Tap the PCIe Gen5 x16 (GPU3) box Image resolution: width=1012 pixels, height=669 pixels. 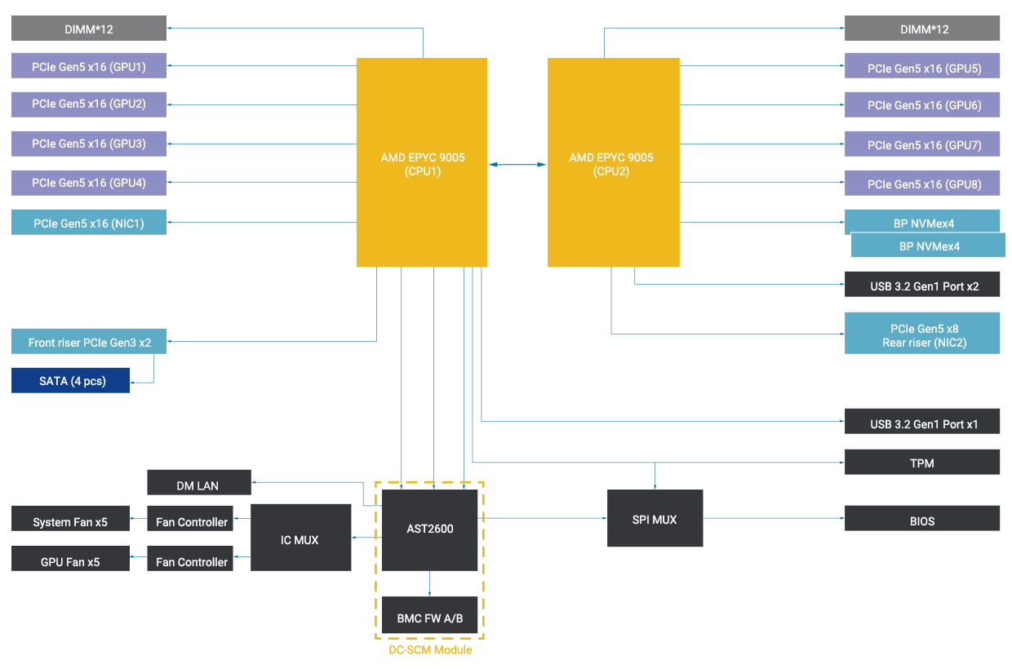88,144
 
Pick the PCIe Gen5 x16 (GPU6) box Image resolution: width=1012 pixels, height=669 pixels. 923,105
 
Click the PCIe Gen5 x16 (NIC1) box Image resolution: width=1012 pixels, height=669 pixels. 88,223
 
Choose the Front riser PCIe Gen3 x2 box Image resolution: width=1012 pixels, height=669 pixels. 88,343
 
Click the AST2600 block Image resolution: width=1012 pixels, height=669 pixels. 429,529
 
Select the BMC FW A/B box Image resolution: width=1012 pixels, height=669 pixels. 429,618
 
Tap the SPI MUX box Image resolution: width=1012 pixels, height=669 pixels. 655,519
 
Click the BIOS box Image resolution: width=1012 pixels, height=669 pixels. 923,520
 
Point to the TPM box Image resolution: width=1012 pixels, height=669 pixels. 923,463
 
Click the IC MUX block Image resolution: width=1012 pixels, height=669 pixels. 300,539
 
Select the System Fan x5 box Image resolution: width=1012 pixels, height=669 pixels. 69,522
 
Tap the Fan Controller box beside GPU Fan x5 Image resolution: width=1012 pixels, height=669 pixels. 191,561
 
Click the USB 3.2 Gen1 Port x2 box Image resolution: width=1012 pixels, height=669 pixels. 923,286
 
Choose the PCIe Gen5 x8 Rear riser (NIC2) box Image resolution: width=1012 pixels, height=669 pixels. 923,335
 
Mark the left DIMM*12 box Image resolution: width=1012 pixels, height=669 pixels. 88,29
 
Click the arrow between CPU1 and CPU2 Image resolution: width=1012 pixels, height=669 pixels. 517,165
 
